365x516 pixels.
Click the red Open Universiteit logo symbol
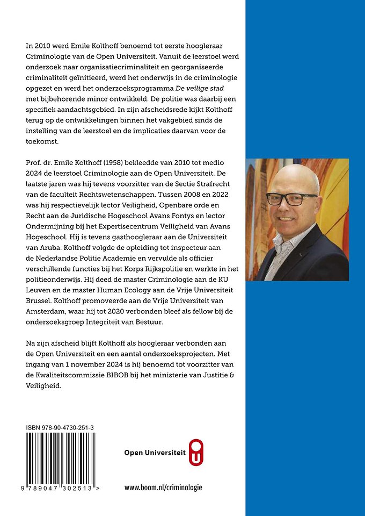(x=197, y=452)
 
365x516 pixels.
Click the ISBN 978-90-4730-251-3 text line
(x=60, y=427)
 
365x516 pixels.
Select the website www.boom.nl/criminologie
(x=163, y=488)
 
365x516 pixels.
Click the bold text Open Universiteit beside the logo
(x=155, y=453)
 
